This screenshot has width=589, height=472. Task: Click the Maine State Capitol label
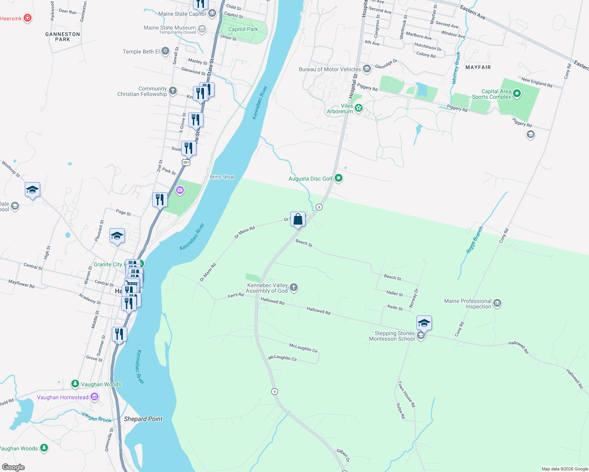[182, 14]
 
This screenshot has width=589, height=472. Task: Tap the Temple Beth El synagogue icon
[165, 51]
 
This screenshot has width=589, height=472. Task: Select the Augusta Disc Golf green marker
[339, 179]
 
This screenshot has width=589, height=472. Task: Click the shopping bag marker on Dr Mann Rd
[298, 219]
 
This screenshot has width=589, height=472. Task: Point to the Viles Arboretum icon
[359, 108]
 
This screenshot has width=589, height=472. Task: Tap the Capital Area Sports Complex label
[496, 94]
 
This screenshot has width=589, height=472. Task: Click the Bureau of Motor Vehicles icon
[367, 69]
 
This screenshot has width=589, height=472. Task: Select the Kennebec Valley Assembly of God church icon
[294, 288]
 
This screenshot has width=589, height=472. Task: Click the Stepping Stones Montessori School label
[392, 336]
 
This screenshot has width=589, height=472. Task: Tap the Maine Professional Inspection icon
[497, 303]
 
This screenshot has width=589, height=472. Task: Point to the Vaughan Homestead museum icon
[94, 397]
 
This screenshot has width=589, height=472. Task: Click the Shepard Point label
[143, 419]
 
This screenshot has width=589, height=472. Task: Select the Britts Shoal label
[222, 177]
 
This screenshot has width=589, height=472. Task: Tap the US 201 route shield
[186, 162]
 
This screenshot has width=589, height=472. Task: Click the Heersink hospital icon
[27, 18]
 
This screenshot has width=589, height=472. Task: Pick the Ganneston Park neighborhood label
[63, 37]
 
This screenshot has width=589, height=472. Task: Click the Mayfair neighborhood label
[478, 67]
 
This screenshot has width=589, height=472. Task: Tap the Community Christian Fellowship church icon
[173, 91]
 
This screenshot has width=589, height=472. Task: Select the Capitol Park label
[243, 29]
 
